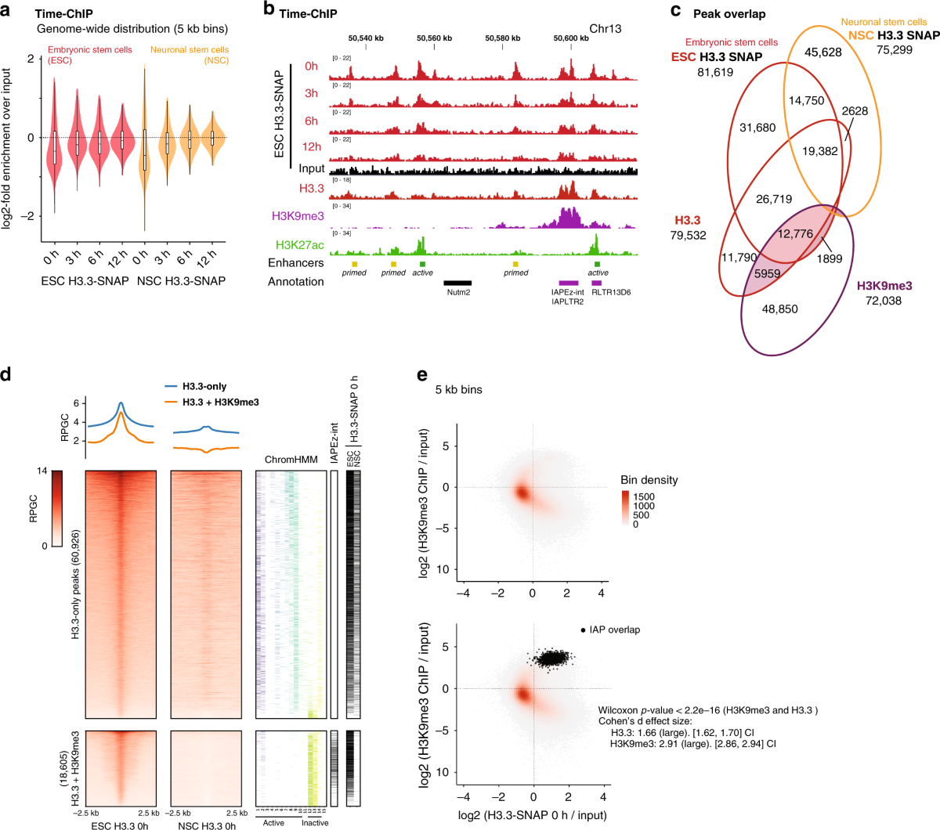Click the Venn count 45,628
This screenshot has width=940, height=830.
coord(822,52)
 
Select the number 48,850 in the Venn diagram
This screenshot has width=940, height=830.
coord(779,309)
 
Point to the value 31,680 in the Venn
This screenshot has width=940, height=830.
coord(757,128)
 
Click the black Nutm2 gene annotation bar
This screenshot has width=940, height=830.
coord(457,282)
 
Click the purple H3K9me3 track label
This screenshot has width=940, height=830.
coord(298,216)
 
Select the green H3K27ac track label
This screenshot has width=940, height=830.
coord(299,245)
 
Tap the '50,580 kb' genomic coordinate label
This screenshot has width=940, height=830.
coord(502,38)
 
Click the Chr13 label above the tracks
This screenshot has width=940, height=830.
coord(605,28)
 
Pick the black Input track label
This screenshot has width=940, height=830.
coord(311,168)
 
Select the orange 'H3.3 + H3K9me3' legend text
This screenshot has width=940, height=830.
coord(220,402)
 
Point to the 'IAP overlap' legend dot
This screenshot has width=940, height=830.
coord(583,630)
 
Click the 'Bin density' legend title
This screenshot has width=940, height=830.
coord(649,480)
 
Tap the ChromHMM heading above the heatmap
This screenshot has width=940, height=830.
coord(291,460)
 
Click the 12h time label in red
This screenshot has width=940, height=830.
coord(311,146)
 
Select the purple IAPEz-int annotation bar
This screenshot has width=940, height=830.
coord(568,282)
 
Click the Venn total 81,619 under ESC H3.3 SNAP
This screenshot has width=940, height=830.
coord(715,72)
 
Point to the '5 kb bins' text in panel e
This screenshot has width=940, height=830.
coord(459,389)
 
